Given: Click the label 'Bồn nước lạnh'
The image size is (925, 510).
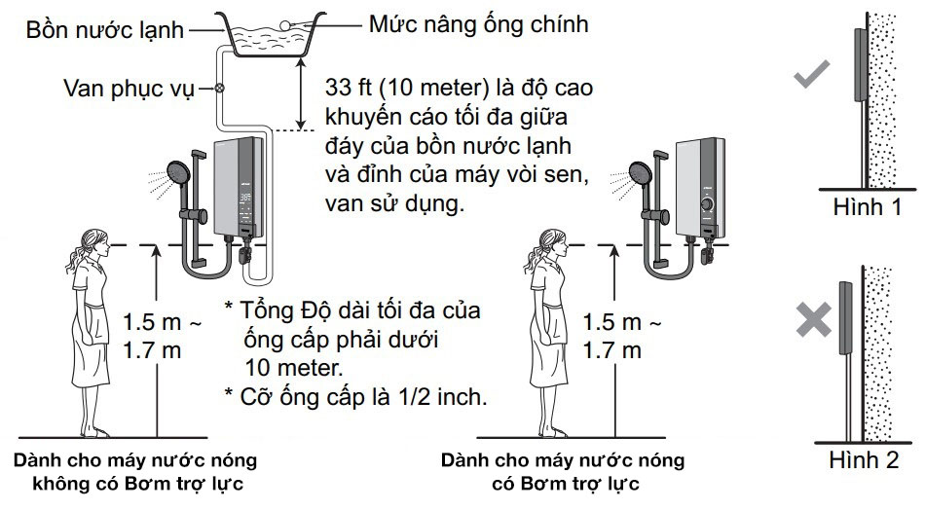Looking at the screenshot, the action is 105,30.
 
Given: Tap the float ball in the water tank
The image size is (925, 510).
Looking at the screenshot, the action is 285,24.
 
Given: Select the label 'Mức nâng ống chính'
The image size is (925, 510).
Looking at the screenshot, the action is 478,24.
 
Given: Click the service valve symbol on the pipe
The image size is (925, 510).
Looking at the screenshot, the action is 219,89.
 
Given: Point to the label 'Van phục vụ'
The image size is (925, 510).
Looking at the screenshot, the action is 129,89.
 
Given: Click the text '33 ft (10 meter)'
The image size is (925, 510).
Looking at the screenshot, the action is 407,88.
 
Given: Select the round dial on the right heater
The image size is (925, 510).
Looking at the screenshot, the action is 707,205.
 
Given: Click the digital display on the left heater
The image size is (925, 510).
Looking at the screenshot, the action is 246,199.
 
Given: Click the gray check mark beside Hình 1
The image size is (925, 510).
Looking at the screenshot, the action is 811,74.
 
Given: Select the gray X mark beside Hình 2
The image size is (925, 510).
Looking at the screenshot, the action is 813,320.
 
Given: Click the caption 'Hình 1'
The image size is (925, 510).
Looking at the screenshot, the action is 867,207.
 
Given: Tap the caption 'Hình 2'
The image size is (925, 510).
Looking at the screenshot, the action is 864,460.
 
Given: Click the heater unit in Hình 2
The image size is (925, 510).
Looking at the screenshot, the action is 845,318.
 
